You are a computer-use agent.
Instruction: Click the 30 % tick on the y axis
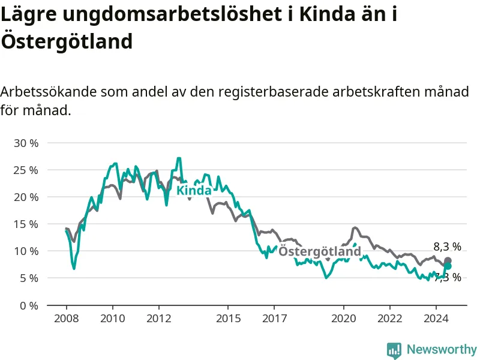26,143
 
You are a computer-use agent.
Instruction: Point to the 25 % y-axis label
26,170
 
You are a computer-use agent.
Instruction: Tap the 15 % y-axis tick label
26,224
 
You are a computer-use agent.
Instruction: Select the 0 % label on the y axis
29,305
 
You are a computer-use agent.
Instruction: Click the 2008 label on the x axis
67,319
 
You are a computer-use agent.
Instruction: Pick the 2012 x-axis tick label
158,319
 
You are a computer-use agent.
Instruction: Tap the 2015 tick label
228,319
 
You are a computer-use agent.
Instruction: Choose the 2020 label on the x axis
343,319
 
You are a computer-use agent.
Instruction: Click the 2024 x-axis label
436,319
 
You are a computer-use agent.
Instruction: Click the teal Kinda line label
194,190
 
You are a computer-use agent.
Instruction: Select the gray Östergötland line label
320,251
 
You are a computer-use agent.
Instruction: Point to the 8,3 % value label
447,247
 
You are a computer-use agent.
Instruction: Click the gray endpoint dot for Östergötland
448,261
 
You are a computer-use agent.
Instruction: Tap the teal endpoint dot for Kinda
448,266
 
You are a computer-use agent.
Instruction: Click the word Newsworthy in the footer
442,349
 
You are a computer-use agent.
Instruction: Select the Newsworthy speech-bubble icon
394,350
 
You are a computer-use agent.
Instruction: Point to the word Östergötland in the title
67,41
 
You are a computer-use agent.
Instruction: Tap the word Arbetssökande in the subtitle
49,91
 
